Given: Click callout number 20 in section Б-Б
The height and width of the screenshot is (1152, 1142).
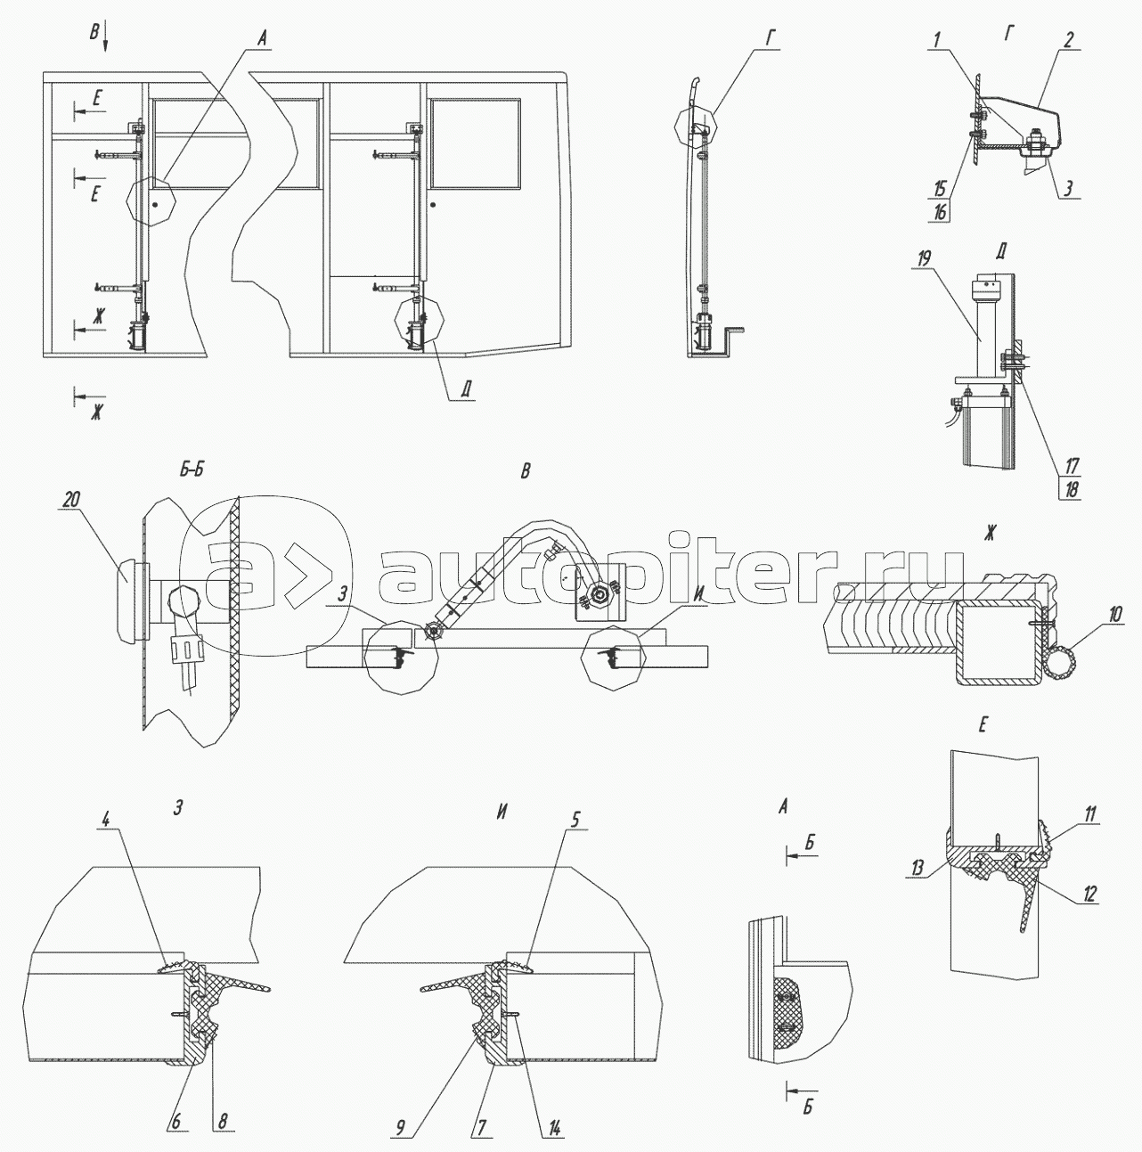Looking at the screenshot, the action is [x=71, y=499].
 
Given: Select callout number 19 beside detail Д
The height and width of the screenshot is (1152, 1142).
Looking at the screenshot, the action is [x=925, y=259].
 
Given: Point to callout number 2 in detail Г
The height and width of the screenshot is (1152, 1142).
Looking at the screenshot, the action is [x=1068, y=39].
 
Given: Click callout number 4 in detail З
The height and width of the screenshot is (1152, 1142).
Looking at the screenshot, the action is [x=106, y=819].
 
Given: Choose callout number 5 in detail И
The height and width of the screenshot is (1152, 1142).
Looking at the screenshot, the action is [x=575, y=819].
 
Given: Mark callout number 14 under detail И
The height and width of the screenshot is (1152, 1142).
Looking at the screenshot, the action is [x=555, y=1127].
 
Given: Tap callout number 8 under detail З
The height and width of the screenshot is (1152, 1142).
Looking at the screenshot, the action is [x=222, y=1122].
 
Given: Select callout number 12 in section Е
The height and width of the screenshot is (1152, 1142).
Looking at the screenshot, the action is [x=1089, y=911].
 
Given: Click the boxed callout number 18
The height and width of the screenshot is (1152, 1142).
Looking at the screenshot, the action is [x=1070, y=490].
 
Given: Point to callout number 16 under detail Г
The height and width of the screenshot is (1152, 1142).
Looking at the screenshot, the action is [x=941, y=212].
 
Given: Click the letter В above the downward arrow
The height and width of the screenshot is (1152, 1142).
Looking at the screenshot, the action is [x=94, y=32].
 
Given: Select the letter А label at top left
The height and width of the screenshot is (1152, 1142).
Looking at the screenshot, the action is [x=262, y=39].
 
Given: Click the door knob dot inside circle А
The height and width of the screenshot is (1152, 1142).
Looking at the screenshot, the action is [x=155, y=204].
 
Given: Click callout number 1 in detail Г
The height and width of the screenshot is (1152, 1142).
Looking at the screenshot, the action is [x=937, y=40].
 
